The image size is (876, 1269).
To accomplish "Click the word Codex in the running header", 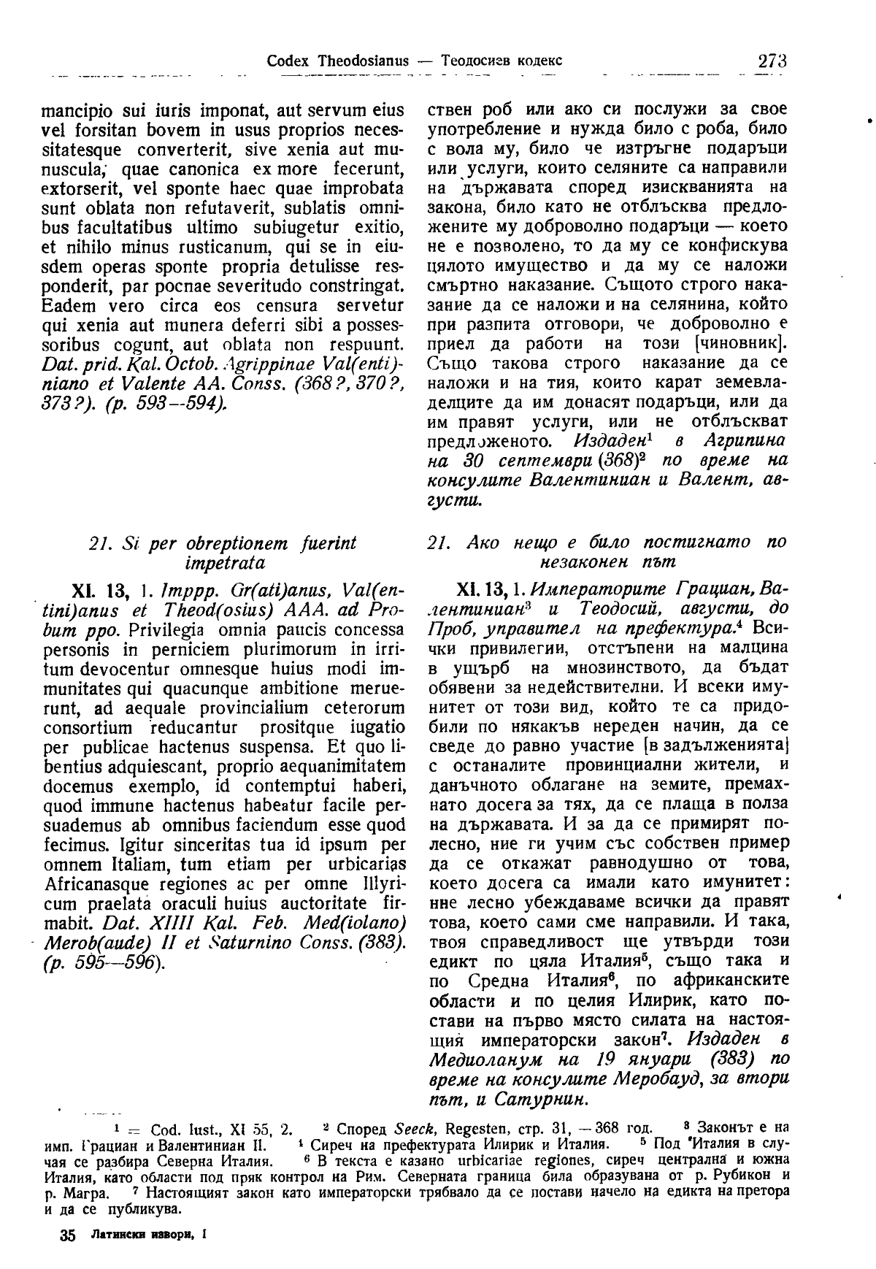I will tap(290, 61).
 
